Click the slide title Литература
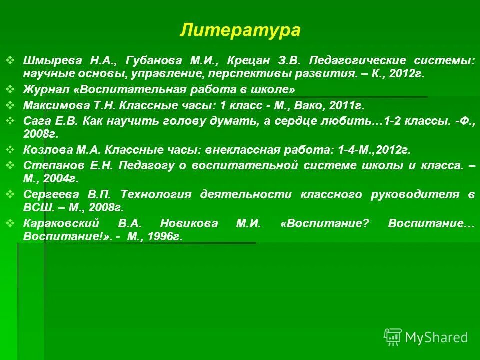click(240, 30)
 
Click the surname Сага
click(35, 121)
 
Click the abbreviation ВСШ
click(35, 207)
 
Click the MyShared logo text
click(436, 337)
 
